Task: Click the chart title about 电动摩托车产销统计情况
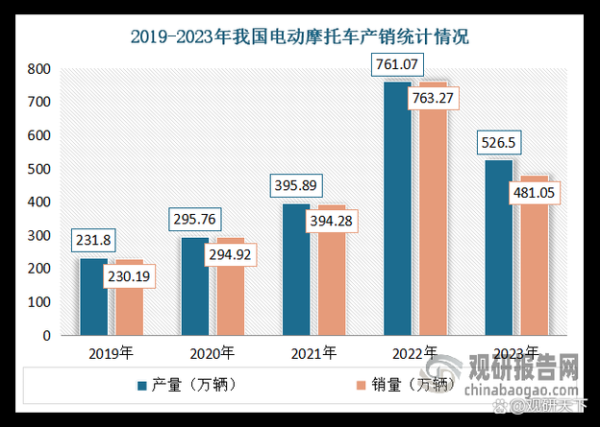(x=300, y=37)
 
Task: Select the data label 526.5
(x=499, y=144)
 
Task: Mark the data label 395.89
(x=299, y=186)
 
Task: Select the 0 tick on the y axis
(x=46, y=336)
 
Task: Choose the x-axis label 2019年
(x=112, y=353)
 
